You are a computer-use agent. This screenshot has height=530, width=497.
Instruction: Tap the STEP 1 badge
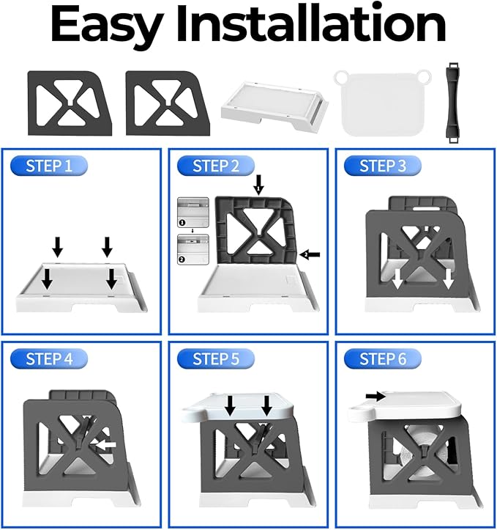click(49, 166)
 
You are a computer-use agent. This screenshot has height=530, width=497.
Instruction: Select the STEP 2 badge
click(216, 166)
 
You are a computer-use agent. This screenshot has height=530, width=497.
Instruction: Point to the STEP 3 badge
click(383, 166)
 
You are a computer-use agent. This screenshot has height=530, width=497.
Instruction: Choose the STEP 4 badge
click(49, 358)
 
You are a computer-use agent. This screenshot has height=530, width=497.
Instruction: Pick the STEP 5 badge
click(216, 358)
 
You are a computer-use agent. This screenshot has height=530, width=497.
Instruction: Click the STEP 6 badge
click(383, 358)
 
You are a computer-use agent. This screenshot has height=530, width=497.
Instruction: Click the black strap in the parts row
click(453, 103)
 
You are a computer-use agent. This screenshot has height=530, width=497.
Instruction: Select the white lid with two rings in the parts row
click(383, 103)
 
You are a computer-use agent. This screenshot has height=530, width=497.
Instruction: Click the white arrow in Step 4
click(106, 445)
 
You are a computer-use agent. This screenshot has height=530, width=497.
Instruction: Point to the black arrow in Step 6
click(376, 395)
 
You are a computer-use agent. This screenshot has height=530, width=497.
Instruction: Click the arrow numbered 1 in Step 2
click(259, 185)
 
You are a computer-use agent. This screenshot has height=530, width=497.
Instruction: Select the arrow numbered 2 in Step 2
click(310, 254)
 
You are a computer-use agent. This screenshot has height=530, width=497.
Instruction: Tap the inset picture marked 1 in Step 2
click(193, 213)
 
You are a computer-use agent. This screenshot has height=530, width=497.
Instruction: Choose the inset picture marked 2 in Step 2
click(193, 249)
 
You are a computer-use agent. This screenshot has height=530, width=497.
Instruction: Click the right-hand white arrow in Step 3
click(448, 279)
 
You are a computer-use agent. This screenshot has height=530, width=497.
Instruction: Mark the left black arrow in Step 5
click(230, 405)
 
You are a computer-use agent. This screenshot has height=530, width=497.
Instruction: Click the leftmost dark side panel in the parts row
click(70, 103)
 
